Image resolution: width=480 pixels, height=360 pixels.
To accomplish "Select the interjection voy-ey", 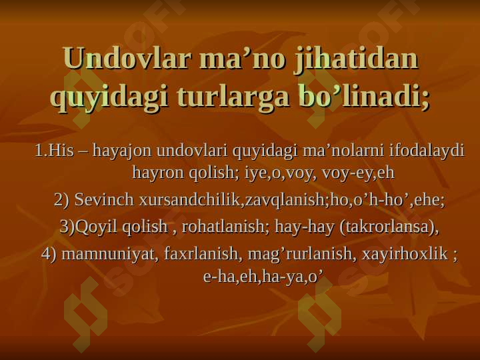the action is coord(348,173).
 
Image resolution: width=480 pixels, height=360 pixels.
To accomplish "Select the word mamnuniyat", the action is coord(108,254).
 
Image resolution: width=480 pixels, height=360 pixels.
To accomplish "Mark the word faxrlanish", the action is coord(201,253).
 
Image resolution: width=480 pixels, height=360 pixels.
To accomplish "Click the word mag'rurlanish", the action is coord(300,254).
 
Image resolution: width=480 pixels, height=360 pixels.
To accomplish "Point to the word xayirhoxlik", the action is coord(405,254).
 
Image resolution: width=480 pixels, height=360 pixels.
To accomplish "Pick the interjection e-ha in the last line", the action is coord(218,277).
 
